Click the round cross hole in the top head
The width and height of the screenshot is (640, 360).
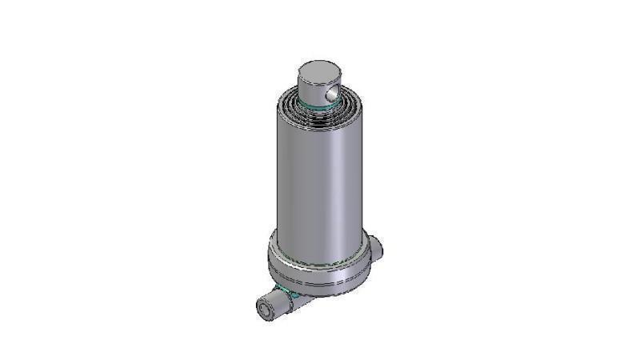tap(334, 94)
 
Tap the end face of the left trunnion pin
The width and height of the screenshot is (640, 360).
tap(263, 308)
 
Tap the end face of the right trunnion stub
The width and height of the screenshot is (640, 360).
tap(382, 250)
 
